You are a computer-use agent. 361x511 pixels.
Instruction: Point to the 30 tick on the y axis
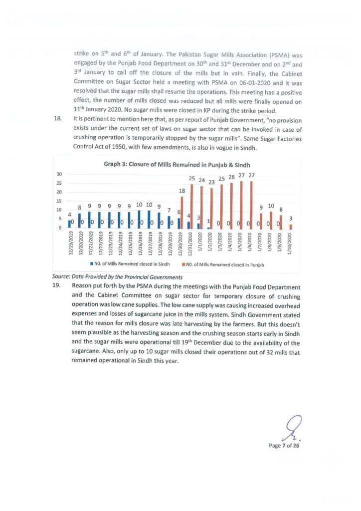click(58, 174)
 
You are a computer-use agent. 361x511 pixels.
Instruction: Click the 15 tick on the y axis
click(58, 201)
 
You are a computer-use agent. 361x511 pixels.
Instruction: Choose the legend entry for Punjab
click(224, 265)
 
